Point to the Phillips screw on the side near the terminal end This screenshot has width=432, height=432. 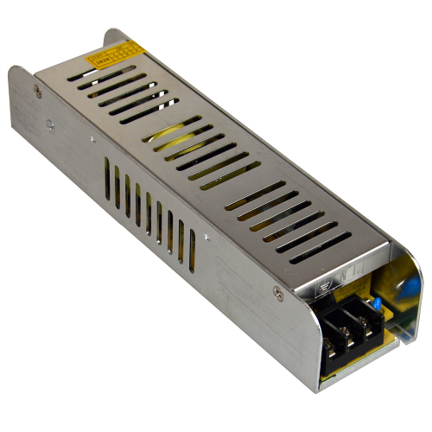276,293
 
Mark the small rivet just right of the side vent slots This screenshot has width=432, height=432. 206,235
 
